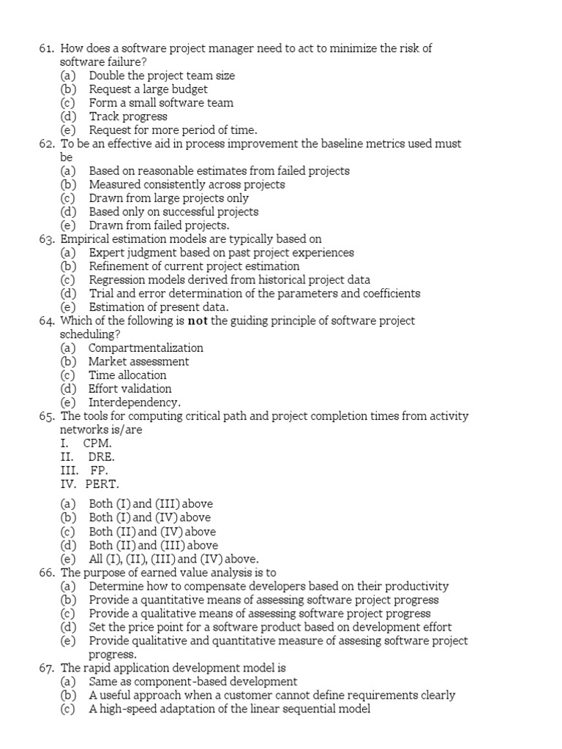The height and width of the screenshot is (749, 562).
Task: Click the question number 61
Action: click(47, 48)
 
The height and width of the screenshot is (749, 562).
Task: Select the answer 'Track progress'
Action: click(128, 116)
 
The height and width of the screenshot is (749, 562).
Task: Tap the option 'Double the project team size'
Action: click(162, 75)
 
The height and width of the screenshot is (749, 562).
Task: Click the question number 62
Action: click(47, 144)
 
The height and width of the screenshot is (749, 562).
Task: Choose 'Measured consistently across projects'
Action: click(187, 184)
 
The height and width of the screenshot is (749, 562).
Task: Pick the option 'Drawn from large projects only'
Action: click(168, 198)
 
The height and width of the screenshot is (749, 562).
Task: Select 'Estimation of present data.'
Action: click(159, 307)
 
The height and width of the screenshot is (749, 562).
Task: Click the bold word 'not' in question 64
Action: click(198, 321)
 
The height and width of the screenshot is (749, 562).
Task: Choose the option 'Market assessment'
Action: click(138, 361)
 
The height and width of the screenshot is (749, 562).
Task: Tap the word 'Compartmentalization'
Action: click(146, 348)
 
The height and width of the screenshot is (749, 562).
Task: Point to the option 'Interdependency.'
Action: click(134, 402)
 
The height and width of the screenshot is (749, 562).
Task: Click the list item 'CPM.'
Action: click(97, 443)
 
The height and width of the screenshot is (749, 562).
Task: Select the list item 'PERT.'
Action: click(102, 483)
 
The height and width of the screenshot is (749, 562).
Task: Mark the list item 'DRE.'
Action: click(100, 456)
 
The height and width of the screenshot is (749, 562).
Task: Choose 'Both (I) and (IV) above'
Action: click(149, 518)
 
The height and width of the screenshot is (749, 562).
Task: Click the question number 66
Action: click(47, 573)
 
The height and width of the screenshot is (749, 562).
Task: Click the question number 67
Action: click(47, 668)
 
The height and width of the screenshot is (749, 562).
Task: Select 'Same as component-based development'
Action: click(193, 682)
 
